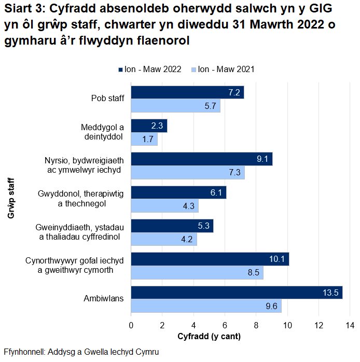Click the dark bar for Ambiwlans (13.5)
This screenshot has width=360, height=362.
click(x=236, y=293)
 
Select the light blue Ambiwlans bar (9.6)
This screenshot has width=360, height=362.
click(x=206, y=306)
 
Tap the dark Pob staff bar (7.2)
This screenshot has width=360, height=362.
click(x=187, y=92)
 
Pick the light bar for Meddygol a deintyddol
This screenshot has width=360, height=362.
click(x=144, y=139)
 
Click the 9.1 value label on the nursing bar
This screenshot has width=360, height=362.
click(x=262, y=159)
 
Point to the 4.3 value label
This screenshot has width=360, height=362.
click(x=188, y=206)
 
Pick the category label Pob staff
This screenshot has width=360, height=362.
click(x=107, y=99)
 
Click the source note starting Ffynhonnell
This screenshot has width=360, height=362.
click(x=81, y=352)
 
